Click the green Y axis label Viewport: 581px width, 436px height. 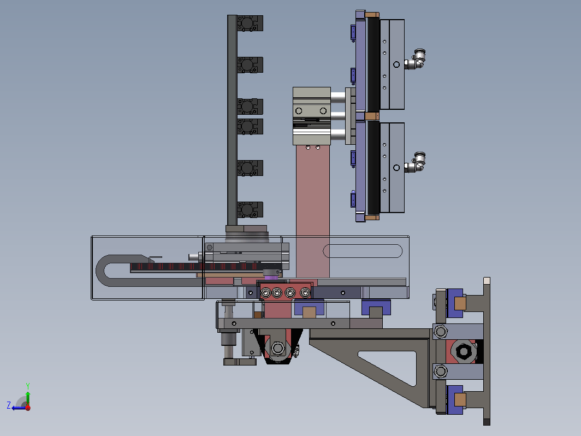pos(28,386)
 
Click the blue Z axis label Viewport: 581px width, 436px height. pos(9,405)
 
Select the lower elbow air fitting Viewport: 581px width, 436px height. pos(415,163)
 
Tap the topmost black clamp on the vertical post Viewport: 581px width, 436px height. pos(250,23)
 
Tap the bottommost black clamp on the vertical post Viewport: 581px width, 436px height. pos(250,210)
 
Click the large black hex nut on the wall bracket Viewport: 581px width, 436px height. pos(463,351)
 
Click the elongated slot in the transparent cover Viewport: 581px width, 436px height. pos(363,251)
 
